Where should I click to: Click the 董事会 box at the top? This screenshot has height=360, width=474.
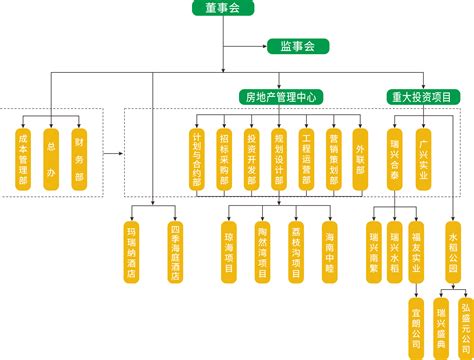224,9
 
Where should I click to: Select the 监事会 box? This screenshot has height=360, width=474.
298,46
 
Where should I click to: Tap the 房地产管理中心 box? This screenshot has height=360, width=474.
281,97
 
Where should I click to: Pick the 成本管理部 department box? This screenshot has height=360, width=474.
24,157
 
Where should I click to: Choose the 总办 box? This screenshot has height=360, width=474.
51,157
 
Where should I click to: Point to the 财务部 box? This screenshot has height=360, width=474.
80,157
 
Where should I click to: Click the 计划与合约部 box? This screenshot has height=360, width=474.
197,158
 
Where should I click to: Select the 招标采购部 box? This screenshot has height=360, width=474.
224,158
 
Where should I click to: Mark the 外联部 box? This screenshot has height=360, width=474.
361,158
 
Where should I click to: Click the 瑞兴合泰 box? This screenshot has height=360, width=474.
396,158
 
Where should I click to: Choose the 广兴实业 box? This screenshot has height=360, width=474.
424,158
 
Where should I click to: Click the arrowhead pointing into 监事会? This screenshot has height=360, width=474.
262,46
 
